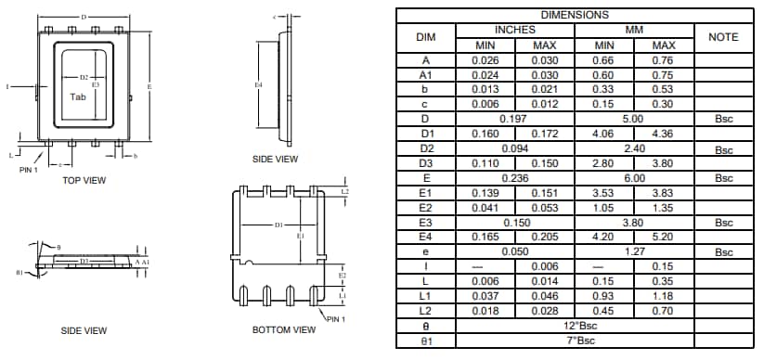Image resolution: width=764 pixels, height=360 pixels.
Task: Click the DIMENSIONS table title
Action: pos(575,15)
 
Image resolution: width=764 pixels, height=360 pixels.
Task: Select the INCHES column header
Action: pos(515,30)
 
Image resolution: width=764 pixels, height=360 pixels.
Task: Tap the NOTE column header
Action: pos(723,37)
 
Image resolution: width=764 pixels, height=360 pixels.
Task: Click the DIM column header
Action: pos(426,37)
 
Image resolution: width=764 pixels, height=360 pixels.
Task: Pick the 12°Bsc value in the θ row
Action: pos(575,326)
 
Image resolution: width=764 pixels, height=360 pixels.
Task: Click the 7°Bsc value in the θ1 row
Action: pos(575,341)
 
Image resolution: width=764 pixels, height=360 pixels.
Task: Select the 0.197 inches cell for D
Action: pos(515,119)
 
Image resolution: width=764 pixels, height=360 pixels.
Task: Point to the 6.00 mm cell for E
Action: pos(634,178)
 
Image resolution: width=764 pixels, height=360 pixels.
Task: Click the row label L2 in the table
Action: pos(426,311)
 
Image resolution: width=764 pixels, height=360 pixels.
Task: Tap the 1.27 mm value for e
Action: pos(634,251)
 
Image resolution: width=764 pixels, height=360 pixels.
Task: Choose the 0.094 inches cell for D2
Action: pos(515,148)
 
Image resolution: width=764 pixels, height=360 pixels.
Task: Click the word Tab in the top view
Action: pos(81,96)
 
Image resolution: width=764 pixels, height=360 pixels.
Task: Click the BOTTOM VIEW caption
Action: pos(284,329)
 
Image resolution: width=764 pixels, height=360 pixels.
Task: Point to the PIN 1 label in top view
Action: pos(30,169)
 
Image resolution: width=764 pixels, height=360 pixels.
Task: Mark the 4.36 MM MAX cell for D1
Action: pos(664,134)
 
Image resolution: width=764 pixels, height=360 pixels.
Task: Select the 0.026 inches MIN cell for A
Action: pos(486,60)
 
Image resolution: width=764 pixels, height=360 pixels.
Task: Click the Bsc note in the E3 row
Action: pos(723,223)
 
